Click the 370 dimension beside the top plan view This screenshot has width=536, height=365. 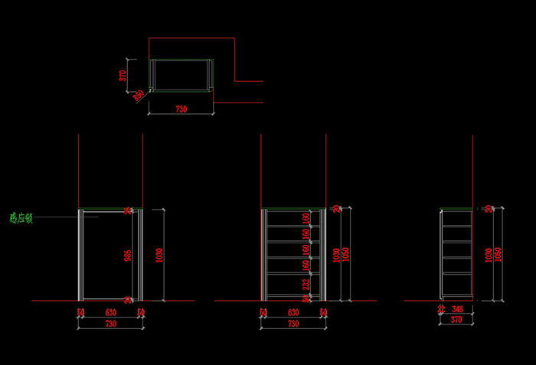coord(123,75)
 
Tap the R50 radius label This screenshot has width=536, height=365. coord(139,96)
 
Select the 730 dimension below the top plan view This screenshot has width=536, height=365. coord(181,109)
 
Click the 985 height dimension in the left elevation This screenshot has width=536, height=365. coord(128,254)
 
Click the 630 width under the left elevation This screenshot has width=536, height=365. coord(110,312)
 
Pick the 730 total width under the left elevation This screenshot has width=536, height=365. coord(110,324)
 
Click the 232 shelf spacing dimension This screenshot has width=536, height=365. coord(306,284)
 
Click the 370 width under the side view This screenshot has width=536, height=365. coord(456,319)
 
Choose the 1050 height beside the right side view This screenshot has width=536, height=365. coord(498,254)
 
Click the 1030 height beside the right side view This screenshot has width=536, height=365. coord(488,254)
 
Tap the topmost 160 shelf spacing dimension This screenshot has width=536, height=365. coord(306,218)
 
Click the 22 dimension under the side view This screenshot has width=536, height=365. coord(441,308)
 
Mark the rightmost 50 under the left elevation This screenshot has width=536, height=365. coord(141,312)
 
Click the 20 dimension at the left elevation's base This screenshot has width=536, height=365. coord(128,299)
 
